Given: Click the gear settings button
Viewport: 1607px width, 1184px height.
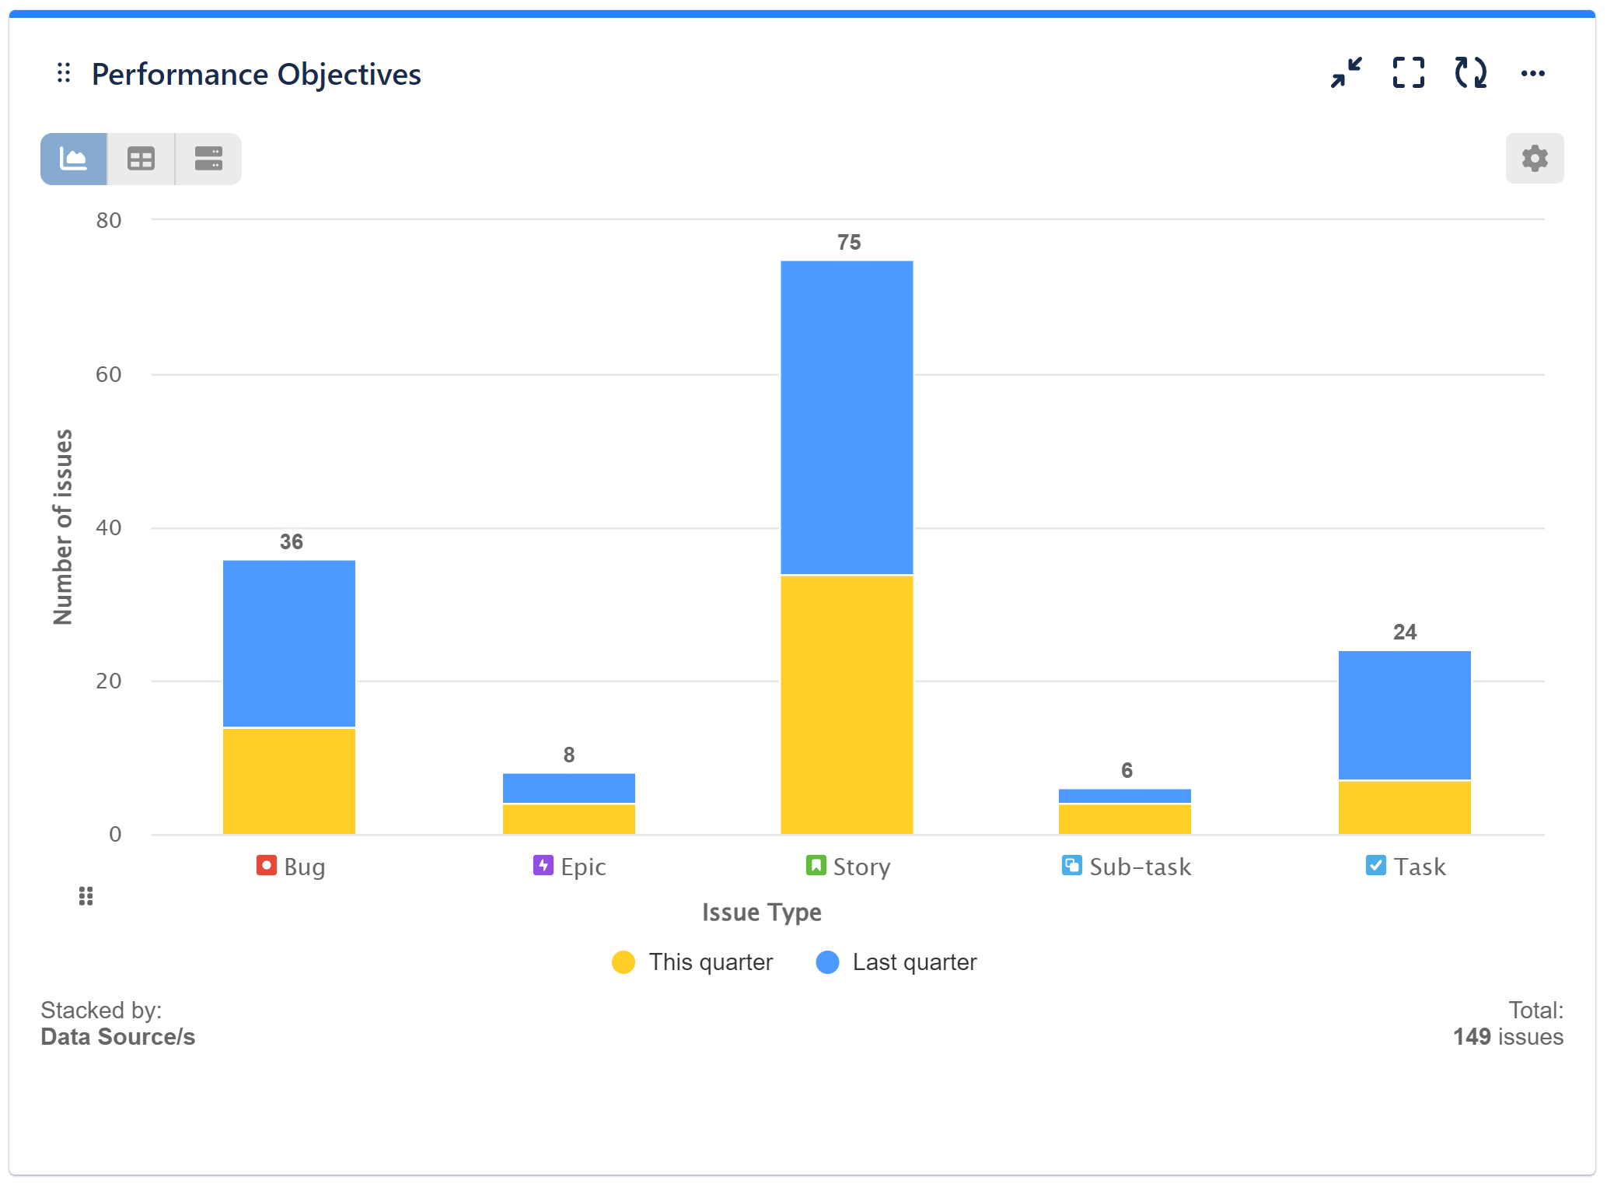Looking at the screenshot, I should [1534, 159].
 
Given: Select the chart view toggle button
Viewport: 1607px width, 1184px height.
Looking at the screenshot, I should [74, 159].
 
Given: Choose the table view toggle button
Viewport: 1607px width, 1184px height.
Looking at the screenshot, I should [141, 159].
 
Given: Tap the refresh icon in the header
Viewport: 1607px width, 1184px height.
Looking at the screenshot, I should [1470, 73].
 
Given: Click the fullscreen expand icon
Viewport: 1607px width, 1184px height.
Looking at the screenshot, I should [1408, 73].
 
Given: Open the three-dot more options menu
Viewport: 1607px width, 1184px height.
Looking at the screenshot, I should [1532, 74].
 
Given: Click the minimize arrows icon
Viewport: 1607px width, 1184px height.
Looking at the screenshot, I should [1346, 73].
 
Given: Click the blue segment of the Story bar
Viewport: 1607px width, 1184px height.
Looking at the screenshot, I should [847, 417].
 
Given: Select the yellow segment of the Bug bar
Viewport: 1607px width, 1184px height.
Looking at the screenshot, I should [289, 781].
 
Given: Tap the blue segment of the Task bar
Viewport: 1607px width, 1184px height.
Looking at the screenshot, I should [1404, 715].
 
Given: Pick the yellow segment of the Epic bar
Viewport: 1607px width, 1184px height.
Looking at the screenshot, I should [568, 819].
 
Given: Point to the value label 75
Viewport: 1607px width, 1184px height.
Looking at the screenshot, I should [849, 243].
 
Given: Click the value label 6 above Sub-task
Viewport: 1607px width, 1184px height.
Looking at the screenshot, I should [1127, 770].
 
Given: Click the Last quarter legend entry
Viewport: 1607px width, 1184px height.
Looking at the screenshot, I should [897, 962].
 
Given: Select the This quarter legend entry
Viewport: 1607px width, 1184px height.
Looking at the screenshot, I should [693, 962].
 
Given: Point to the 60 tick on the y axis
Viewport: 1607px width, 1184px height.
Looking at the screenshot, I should [109, 374].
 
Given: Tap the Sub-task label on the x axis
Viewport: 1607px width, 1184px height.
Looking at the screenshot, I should [1127, 867].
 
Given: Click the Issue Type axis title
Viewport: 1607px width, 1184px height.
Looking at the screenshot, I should [761, 912].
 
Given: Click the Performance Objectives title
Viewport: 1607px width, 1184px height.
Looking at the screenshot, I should [256, 75].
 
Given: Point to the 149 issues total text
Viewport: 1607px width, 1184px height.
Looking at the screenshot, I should [1507, 1037].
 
